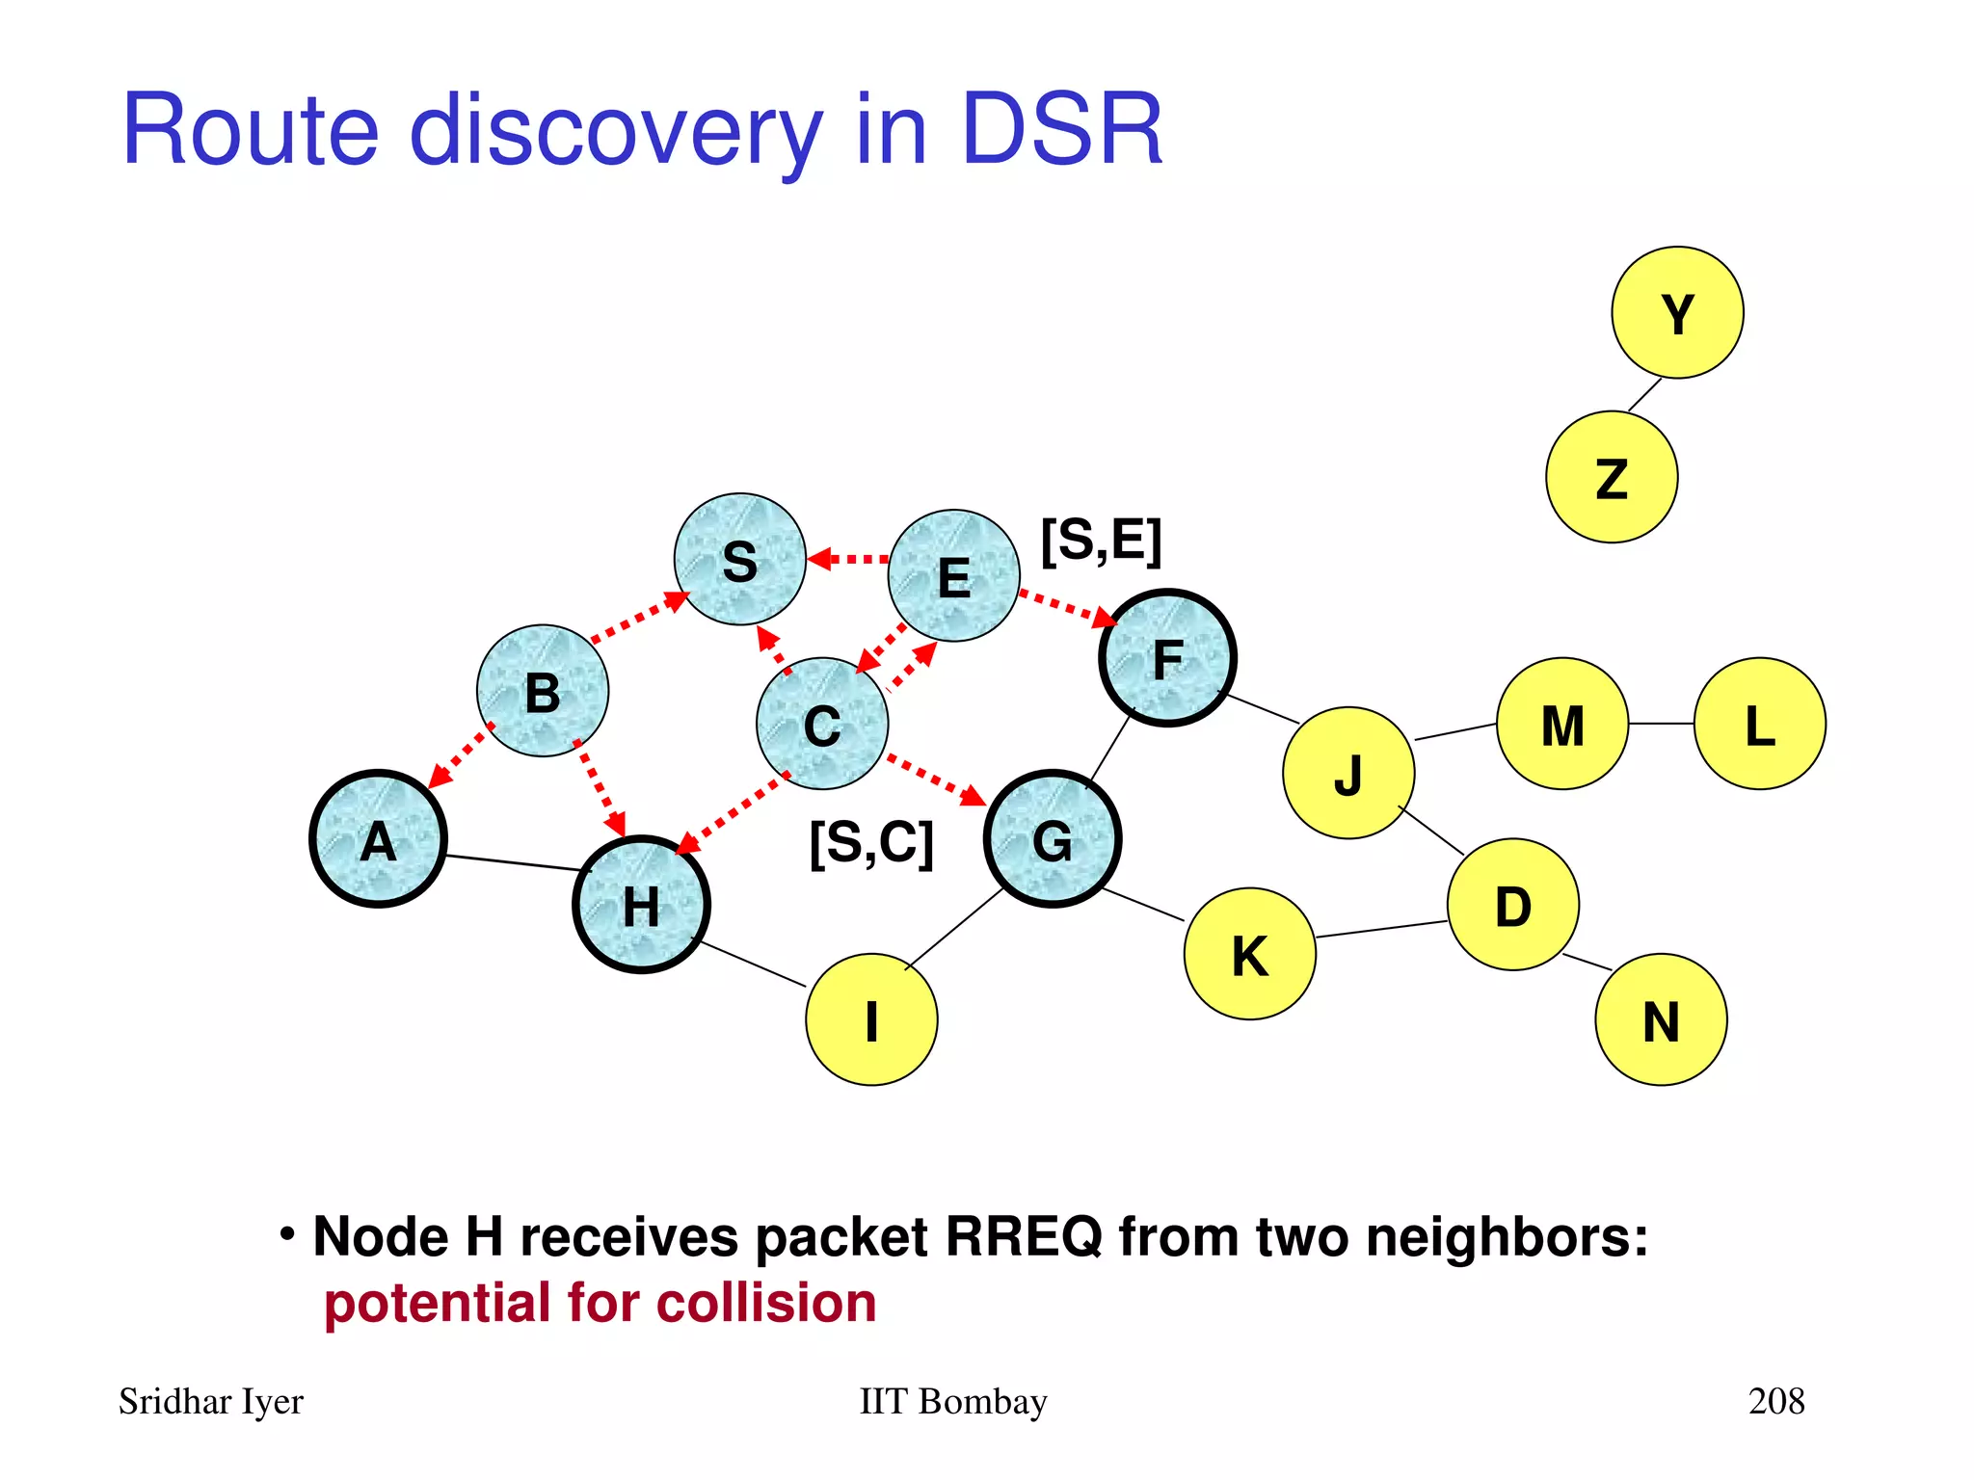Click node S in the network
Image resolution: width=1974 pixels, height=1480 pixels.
pyautogui.click(x=739, y=560)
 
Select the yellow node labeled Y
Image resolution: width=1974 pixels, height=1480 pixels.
pyautogui.click(x=1677, y=313)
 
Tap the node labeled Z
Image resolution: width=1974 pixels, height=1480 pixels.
pyautogui.click(x=1612, y=477)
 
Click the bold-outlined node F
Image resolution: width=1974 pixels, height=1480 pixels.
pyautogui.click(x=1167, y=658)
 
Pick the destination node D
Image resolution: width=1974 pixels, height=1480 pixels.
pyautogui.click(x=1512, y=905)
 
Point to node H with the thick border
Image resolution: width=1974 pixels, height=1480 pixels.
pyautogui.click(x=641, y=905)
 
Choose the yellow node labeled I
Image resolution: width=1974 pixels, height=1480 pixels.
pyautogui.click(x=871, y=1019)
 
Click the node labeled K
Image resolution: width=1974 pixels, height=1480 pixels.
pyautogui.click(x=1249, y=954)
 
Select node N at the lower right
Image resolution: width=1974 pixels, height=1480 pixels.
pyautogui.click(x=1661, y=1019)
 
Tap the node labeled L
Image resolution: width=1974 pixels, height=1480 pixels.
pyautogui.click(x=1759, y=724)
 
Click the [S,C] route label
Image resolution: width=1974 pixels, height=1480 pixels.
pyautogui.click(x=871, y=843)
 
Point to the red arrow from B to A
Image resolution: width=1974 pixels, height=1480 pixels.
pyautogui.click(x=461, y=756)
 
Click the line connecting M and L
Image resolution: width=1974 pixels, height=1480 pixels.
pyautogui.click(x=1661, y=724)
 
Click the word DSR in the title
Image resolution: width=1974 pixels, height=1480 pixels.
pyautogui.click(x=1062, y=130)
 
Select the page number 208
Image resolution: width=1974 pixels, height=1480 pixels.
pyautogui.click(x=1775, y=1401)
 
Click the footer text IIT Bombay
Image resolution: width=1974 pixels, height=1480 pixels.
pyautogui.click(x=952, y=1401)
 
